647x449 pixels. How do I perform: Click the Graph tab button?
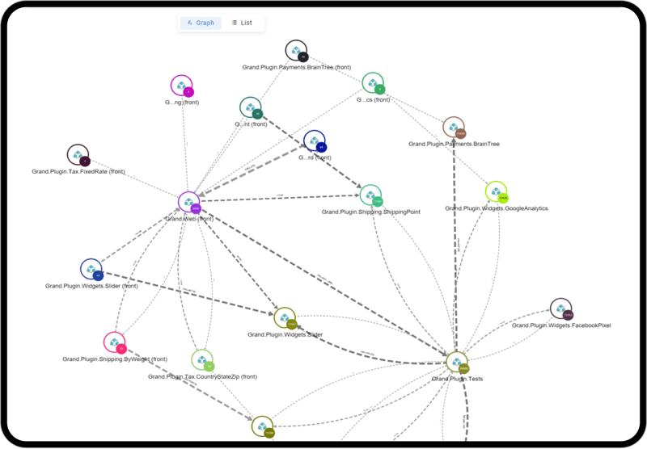pos(201,23)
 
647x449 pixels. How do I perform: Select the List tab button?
pos(242,23)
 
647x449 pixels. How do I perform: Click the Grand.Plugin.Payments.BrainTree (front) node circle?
pos(296,50)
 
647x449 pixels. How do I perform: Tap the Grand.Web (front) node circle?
pos(188,203)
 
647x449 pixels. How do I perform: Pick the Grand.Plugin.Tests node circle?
pos(457,363)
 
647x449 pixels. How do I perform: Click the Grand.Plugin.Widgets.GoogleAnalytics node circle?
pos(496,192)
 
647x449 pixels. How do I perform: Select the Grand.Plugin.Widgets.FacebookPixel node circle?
pos(560,309)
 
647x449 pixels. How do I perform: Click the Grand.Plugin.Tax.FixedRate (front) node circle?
pos(78,155)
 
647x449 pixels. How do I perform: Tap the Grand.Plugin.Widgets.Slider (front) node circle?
pos(91,270)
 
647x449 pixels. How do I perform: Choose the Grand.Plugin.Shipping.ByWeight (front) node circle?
pos(114,342)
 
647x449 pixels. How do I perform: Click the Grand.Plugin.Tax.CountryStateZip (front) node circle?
pos(202,360)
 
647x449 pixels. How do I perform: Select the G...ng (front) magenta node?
pos(181,86)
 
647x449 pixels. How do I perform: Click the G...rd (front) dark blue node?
pos(314,141)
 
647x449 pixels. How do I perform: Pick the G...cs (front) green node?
pos(372,82)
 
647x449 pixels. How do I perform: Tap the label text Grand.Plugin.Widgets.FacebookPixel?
pos(560,325)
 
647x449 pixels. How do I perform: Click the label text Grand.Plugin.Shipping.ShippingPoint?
pos(370,212)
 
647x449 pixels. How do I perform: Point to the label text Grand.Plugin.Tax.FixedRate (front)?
pos(78,171)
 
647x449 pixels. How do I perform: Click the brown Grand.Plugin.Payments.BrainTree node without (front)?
pos(453,128)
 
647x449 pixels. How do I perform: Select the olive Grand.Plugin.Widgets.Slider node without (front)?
pos(285,318)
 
